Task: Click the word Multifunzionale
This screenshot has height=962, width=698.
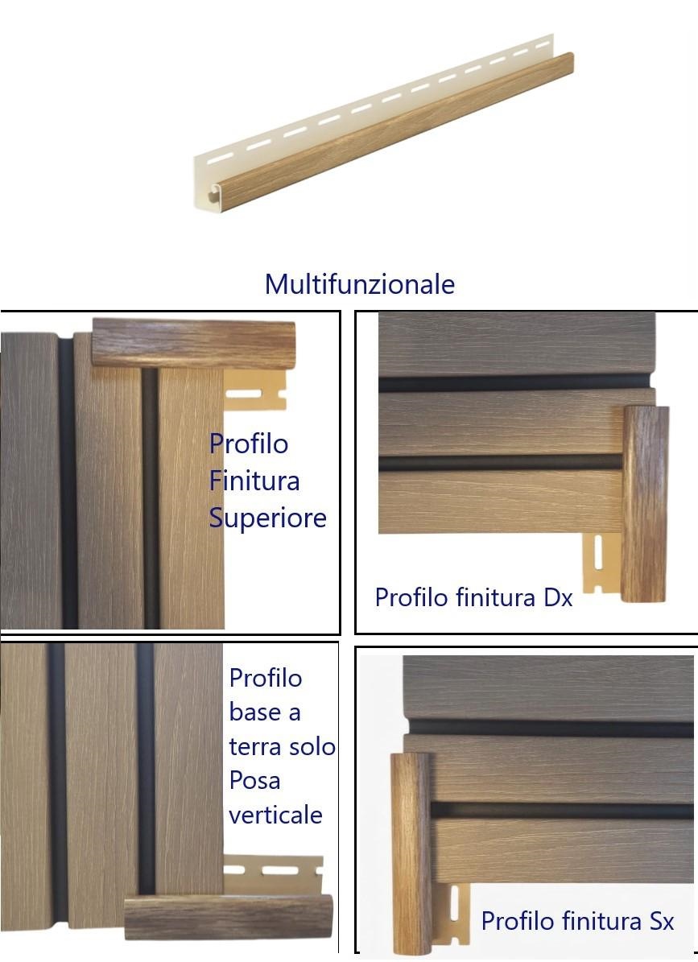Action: coord(359,284)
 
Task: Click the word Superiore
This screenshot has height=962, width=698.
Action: coord(267,518)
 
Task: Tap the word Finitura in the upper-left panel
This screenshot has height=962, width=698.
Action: coord(254,481)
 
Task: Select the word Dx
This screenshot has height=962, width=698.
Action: coord(558,597)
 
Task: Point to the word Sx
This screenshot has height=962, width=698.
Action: coord(661,921)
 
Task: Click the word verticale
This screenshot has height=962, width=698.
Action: coord(275,815)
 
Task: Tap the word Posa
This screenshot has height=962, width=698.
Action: coord(254,780)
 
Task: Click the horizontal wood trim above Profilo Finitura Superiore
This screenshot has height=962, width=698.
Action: coord(194,343)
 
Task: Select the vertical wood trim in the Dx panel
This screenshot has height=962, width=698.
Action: coord(645,504)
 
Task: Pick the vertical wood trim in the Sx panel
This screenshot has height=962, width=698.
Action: coord(411,853)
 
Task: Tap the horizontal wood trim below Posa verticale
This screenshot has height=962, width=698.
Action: coord(228,917)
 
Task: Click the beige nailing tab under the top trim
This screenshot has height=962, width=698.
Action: coord(255,390)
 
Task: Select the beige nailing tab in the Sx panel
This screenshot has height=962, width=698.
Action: coord(455,915)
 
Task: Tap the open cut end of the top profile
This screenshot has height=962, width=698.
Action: coord(210,190)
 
